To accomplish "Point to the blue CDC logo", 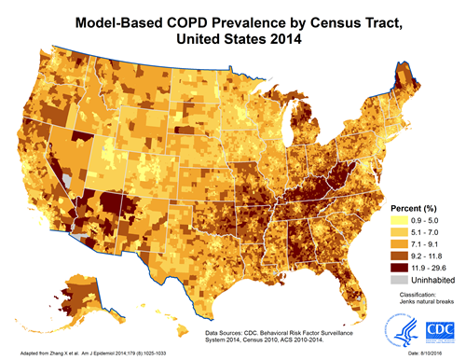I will tap(438, 329).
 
